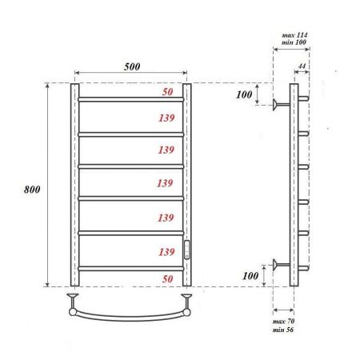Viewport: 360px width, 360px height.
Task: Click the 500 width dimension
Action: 132,66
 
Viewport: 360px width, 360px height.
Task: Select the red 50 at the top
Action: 166,93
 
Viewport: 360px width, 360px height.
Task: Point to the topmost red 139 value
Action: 166,117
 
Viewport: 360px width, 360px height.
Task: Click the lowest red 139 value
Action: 166,251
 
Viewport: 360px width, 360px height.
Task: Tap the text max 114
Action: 293,37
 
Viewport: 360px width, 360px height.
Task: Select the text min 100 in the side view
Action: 293,46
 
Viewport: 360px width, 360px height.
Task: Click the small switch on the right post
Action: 187,249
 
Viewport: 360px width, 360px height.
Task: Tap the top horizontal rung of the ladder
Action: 132,99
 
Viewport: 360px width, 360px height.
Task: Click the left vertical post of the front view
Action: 74,184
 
